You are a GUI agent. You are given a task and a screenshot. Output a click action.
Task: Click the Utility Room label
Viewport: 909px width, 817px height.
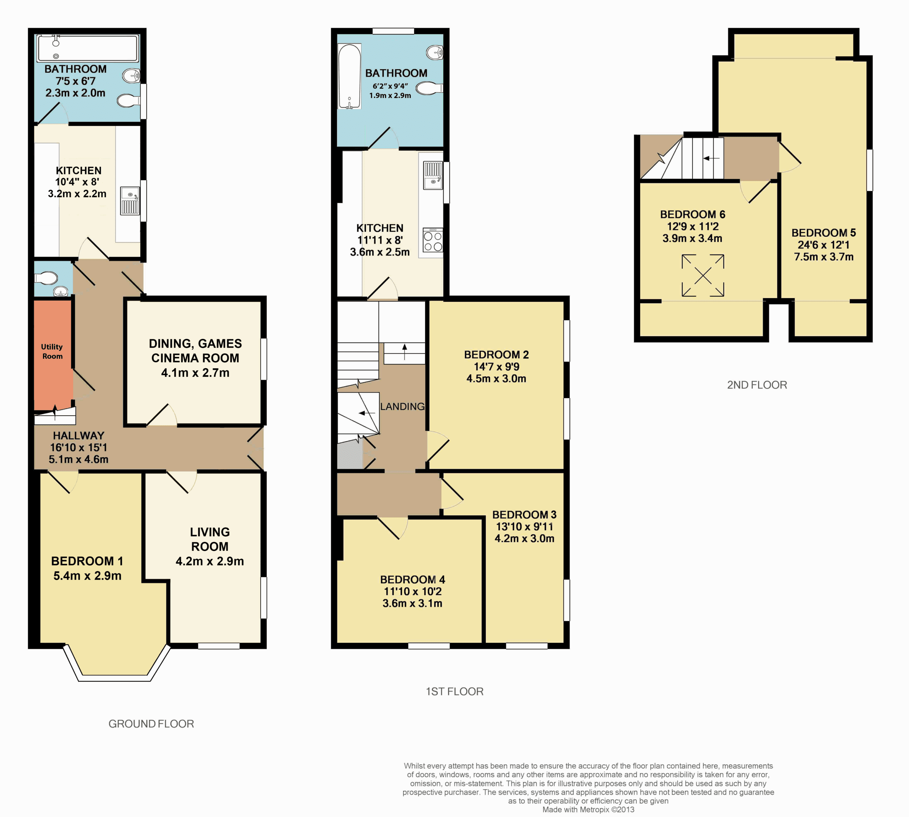[52, 351]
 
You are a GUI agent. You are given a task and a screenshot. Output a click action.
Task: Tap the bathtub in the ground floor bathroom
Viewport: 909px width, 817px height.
[88, 48]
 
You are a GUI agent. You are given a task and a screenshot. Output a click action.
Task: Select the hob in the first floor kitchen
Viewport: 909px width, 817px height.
[433, 240]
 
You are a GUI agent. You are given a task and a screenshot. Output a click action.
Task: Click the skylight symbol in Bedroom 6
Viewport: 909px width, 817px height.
[703, 276]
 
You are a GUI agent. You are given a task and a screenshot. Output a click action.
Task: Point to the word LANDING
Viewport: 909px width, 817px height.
[402, 406]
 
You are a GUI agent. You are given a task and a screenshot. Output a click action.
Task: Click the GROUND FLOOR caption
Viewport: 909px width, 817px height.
[151, 724]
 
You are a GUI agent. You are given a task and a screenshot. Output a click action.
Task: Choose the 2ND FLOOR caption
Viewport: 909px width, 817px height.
[757, 385]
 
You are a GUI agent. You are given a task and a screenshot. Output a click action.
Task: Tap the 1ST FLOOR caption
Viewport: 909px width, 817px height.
[454, 691]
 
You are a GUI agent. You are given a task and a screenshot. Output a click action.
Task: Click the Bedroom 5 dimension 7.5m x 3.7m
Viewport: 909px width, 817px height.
[824, 257]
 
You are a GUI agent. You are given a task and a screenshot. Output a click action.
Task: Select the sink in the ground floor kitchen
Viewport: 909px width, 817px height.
[130, 201]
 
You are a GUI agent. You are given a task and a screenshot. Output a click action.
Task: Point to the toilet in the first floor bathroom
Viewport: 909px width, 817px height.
[429, 88]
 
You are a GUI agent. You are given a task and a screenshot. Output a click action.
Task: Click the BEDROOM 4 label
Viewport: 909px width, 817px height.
[412, 580]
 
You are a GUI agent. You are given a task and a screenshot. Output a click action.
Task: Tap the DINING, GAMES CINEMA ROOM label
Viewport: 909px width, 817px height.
[195, 351]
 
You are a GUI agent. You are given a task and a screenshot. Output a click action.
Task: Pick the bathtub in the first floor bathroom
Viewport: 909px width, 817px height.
[349, 76]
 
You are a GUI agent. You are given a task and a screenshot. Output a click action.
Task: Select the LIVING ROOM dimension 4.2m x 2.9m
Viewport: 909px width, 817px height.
[210, 561]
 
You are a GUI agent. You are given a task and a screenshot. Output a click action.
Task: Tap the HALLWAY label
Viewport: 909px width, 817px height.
[78, 435]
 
